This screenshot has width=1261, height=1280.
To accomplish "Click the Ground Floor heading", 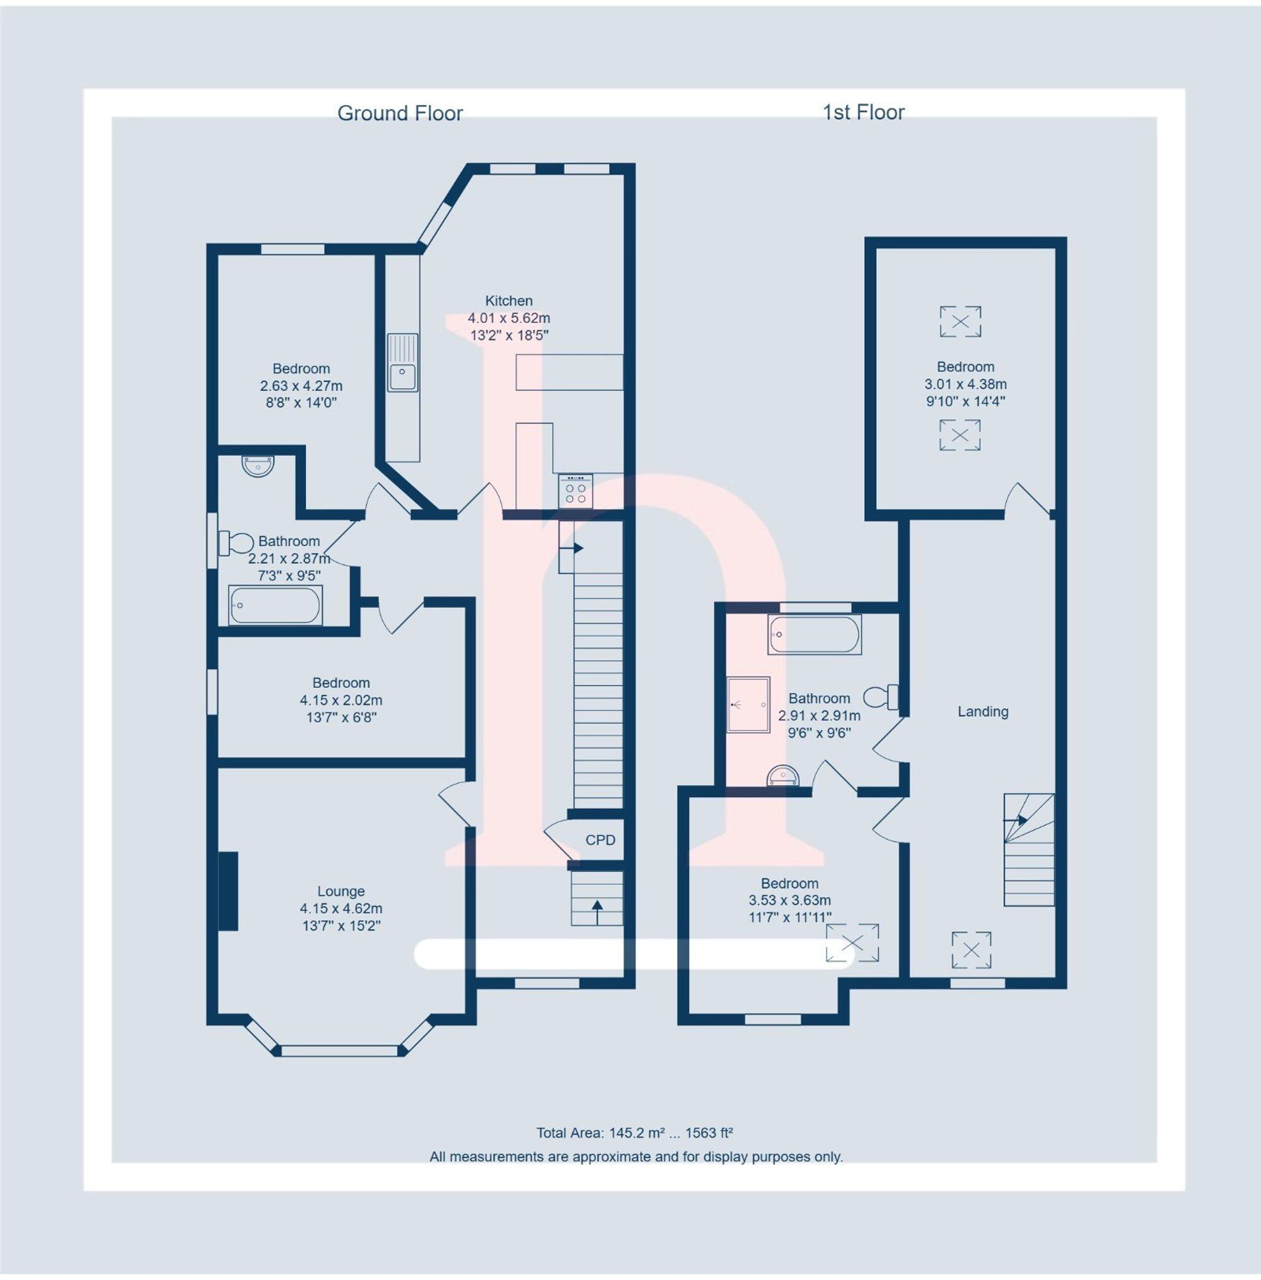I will pos(399,113).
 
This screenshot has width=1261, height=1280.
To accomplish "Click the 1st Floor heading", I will pos(863,113).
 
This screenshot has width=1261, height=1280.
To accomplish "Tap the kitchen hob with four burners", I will pos(575,492).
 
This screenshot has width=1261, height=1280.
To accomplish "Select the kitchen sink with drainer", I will pos(403,362).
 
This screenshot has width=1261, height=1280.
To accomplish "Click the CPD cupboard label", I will pos(600,840).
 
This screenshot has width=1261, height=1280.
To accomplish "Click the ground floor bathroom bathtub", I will pos(275,605).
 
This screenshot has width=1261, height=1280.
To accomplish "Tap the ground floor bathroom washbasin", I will pos(258,466).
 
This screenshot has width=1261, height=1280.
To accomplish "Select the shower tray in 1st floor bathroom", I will pos(748,704).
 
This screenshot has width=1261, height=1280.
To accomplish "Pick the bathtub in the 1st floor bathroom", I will pos(814,634).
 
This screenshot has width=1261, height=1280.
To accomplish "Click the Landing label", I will pos(982,712).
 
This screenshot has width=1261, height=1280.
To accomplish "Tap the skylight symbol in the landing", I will pos(971,950).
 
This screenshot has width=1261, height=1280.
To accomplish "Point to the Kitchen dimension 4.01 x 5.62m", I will pos(509,318).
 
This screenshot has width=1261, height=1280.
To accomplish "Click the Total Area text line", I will pos(634,1132).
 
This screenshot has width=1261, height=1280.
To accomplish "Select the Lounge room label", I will pos(340,892).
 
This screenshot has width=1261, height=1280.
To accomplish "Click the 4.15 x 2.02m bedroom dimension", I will pos(340,700).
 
